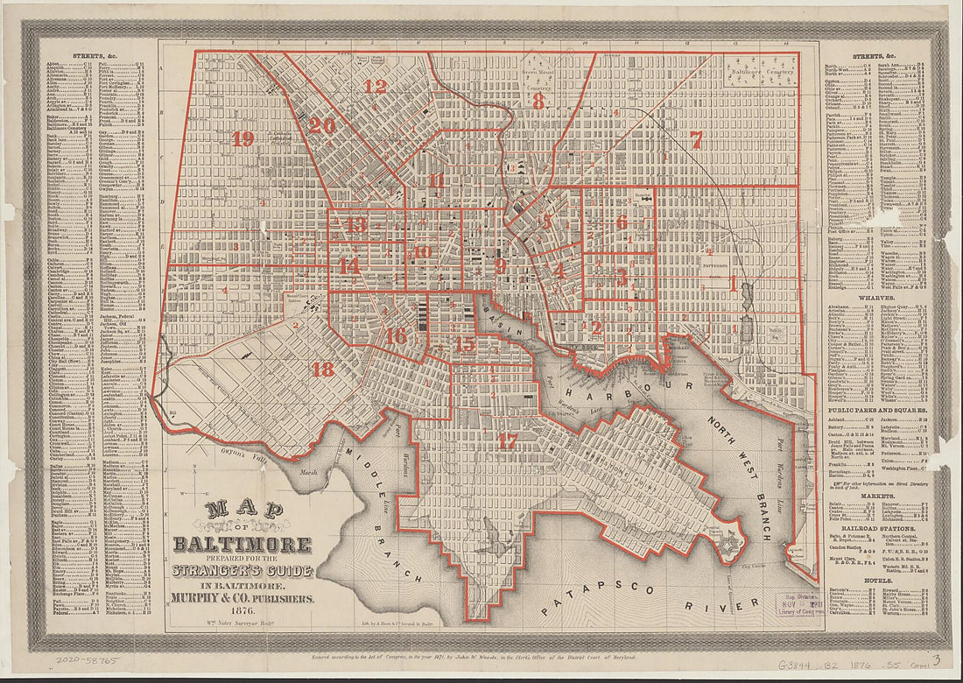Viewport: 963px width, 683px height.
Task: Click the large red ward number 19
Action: pyautogui.click(x=243, y=139)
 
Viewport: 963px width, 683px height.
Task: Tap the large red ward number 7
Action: pyautogui.click(x=696, y=139)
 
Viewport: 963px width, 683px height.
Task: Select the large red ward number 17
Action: pyautogui.click(x=508, y=441)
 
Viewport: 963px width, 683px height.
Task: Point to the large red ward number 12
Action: pyautogui.click(x=376, y=87)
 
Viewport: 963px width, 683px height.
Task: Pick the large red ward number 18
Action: pyautogui.click(x=323, y=370)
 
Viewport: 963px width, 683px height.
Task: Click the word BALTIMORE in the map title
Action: pyautogui.click(x=254, y=545)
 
